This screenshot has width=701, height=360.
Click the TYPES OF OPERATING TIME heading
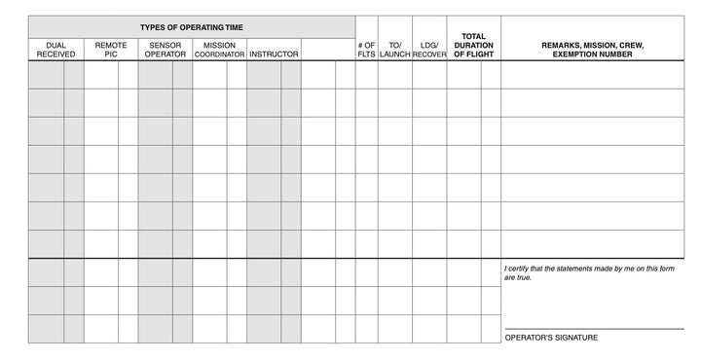click(x=191, y=26)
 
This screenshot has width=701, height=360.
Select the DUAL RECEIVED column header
click(x=55, y=50)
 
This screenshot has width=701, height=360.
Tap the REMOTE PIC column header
click(x=111, y=50)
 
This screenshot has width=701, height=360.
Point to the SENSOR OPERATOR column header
click(x=166, y=50)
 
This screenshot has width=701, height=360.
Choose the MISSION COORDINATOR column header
click(x=219, y=50)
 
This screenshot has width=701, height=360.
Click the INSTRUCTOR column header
click(x=274, y=54)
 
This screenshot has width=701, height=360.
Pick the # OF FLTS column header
click(x=366, y=50)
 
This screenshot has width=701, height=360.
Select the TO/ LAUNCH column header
click(x=394, y=50)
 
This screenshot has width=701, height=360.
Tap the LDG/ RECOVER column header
click(x=429, y=50)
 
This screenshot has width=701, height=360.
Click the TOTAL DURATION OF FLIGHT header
click(x=474, y=45)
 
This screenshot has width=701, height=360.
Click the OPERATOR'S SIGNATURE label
click(x=551, y=338)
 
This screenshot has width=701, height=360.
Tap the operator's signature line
click(x=594, y=328)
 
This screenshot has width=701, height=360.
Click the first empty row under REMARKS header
click(x=592, y=75)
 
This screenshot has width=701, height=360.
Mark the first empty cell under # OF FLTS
click(x=366, y=75)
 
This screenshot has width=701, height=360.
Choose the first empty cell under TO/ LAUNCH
click(x=394, y=75)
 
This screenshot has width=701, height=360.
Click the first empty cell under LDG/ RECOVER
click(x=429, y=75)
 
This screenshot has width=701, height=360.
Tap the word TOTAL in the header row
click(x=474, y=36)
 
